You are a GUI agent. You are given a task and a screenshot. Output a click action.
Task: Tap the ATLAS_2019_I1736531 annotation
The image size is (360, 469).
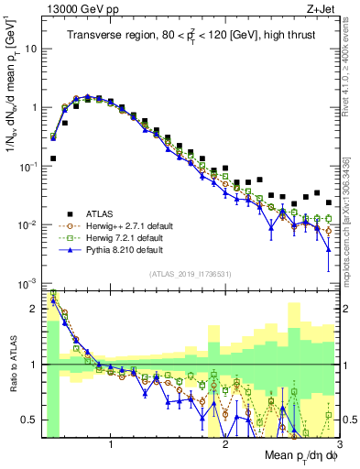click(190, 274)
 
